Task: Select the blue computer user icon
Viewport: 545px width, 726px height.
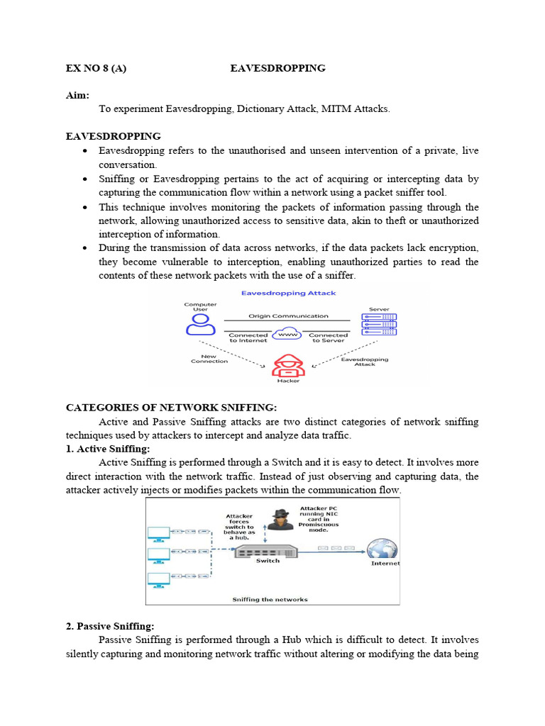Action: (x=201, y=324)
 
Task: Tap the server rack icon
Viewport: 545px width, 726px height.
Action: (x=379, y=324)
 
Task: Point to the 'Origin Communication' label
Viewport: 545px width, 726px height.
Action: (x=288, y=315)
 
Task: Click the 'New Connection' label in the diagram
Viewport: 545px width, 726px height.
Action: (x=209, y=358)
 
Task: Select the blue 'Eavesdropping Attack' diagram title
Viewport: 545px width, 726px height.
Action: (x=288, y=293)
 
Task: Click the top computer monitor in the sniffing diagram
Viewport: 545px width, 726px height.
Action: (x=158, y=532)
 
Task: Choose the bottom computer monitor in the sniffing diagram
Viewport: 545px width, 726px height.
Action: (x=158, y=579)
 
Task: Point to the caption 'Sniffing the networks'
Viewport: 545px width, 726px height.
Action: (x=270, y=599)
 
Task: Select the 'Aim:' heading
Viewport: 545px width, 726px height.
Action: (x=77, y=95)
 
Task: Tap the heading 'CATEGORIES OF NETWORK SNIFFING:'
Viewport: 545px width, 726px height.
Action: (x=171, y=407)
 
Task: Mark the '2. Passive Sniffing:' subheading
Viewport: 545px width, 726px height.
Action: (x=110, y=626)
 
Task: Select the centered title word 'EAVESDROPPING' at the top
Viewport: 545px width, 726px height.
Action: (x=278, y=68)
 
